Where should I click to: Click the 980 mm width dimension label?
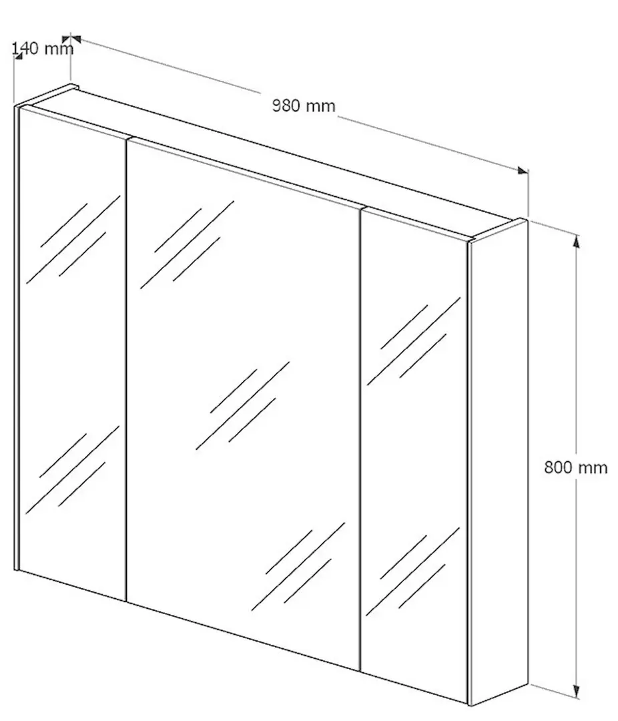(x=304, y=105)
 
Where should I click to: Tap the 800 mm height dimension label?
(x=576, y=467)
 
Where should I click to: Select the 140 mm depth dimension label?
(x=42, y=48)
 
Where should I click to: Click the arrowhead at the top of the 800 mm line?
(x=576, y=242)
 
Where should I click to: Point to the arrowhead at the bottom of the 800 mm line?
(x=576, y=704)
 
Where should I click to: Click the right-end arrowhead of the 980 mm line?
(x=522, y=171)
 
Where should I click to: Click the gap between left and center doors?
(x=126, y=368)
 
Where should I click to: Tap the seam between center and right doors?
(x=360, y=439)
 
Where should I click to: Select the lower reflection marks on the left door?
(x=73, y=469)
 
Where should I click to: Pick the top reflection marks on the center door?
(x=187, y=244)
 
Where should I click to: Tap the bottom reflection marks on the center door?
(x=298, y=567)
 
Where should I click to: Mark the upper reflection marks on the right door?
(x=414, y=341)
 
